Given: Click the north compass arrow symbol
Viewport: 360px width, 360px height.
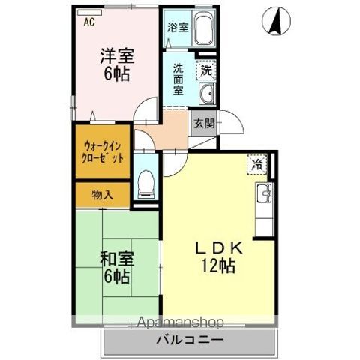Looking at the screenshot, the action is click(x=276, y=21).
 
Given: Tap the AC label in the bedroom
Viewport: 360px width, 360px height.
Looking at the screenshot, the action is click(x=89, y=22).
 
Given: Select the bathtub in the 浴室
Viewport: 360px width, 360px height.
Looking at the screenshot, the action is click(x=204, y=28).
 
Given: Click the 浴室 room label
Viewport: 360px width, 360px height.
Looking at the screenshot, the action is click(x=178, y=28).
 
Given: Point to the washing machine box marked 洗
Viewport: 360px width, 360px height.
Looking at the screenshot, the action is click(x=206, y=70).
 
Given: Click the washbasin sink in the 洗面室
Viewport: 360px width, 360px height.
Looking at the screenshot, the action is click(x=207, y=94).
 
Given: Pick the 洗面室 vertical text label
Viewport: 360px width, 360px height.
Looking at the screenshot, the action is click(x=178, y=79).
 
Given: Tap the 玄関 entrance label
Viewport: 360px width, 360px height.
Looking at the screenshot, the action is click(x=205, y=123).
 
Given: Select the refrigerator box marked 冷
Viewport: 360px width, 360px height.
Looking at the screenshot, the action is click(x=257, y=164).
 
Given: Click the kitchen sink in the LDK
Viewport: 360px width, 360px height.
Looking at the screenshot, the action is click(x=265, y=193).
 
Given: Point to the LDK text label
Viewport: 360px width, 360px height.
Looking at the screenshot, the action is click(x=218, y=248).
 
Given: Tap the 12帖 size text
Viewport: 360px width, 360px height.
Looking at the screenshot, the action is click(x=218, y=265).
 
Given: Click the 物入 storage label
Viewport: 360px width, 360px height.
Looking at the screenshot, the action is click(x=102, y=195).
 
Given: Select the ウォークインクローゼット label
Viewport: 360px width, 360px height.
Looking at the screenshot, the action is click(x=103, y=152).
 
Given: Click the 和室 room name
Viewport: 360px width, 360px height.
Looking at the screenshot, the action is click(x=117, y=259).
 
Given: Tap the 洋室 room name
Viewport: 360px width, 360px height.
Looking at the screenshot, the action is click(x=117, y=56).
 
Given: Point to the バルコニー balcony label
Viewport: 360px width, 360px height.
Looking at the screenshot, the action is click(x=190, y=340).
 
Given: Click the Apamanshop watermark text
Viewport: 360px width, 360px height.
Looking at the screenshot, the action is click(x=181, y=322).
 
